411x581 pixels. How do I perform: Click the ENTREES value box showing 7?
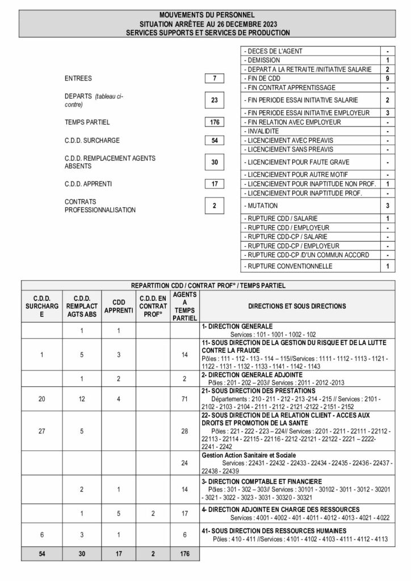(x=214, y=78)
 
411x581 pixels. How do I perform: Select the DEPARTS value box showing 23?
(x=214, y=100)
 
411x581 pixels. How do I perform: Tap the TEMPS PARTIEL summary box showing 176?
(x=214, y=122)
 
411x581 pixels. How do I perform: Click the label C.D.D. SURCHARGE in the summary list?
(x=92, y=140)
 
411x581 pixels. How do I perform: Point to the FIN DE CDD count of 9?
(x=387, y=78)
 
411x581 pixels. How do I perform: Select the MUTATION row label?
(x=261, y=205)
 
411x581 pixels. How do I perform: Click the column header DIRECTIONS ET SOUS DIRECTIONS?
(x=296, y=306)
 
